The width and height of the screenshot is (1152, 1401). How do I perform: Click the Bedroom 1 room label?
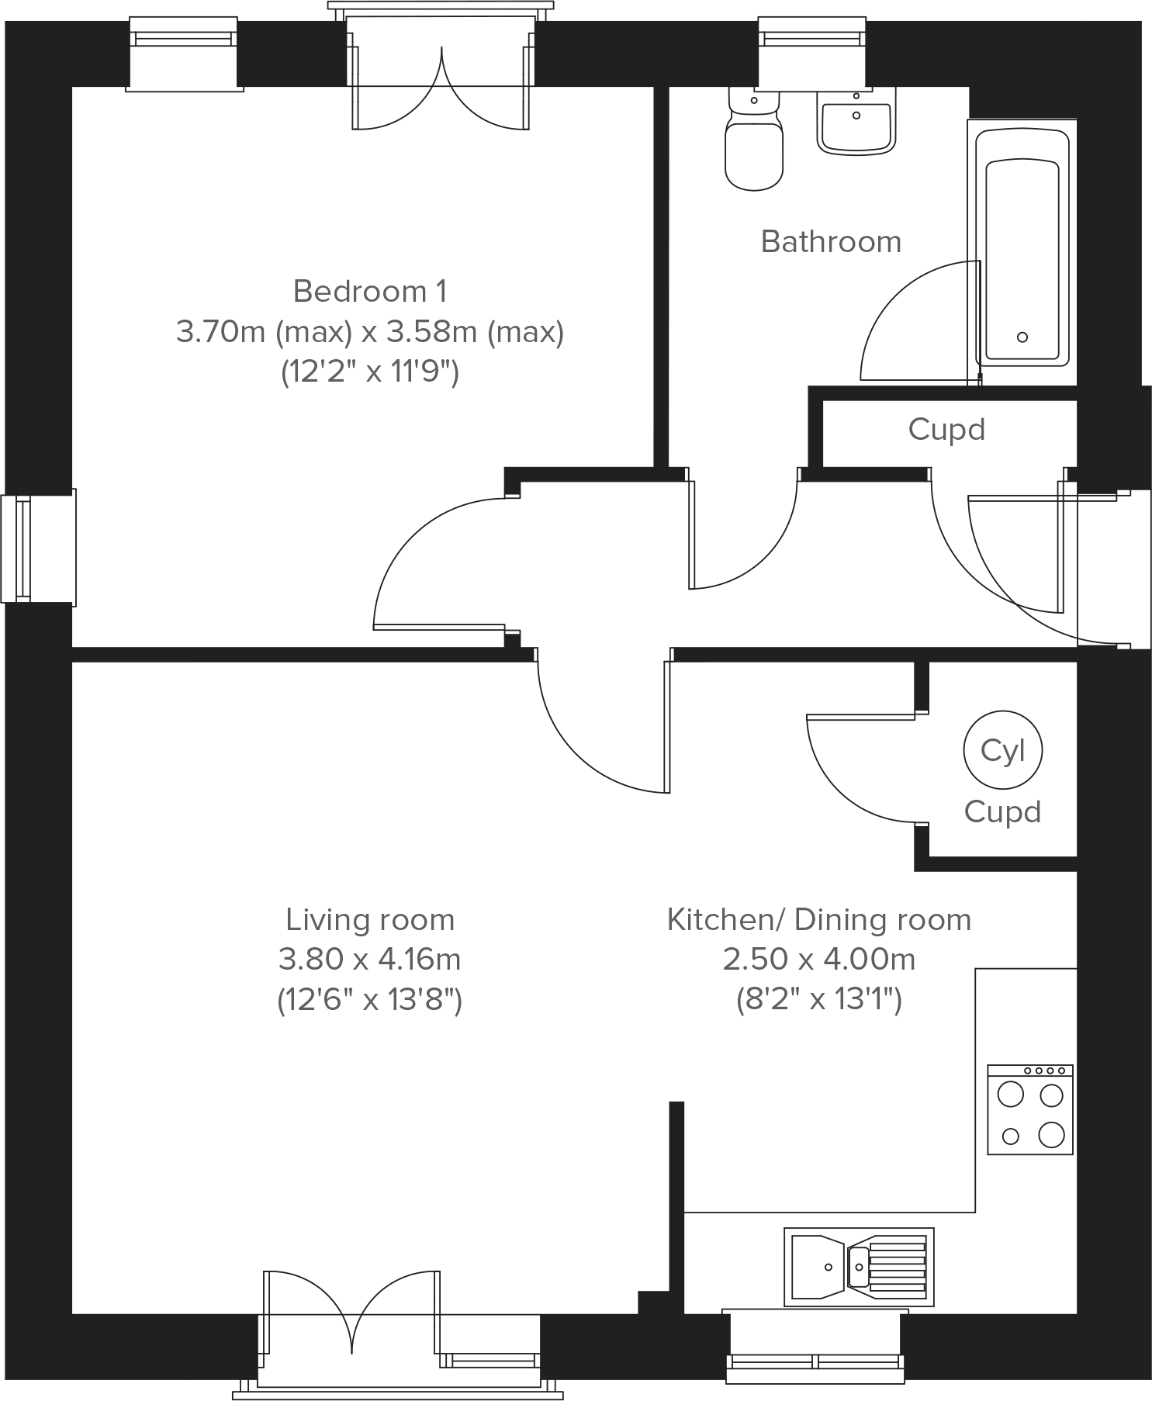tap(370, 291)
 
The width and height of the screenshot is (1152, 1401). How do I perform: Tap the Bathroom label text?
tap(831, 241)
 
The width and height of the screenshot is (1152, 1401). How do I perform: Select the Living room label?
tap(370, 919)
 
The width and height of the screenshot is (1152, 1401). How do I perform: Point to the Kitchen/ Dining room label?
tap(819, 919)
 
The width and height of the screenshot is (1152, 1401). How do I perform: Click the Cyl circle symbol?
tap(1002, 750)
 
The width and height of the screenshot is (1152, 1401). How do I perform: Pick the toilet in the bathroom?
tap(753, 140)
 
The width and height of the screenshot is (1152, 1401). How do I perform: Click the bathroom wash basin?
tap(856, 120)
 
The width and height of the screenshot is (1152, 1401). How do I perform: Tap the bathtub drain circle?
tap(1022, 337)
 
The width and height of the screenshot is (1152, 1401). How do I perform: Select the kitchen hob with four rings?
tap(1030, 1109)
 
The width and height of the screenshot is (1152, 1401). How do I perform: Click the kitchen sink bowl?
tap(816, 1266)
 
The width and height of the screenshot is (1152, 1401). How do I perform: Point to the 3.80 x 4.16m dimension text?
tap(369, 960)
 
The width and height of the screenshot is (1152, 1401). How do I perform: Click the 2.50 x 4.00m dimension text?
tap(819, 960)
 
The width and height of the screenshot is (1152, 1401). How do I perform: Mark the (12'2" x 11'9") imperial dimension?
tap(370, 372)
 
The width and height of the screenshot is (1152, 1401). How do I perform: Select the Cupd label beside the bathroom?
tap(946, 429)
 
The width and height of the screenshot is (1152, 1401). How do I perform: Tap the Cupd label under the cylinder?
tap(1002, 811)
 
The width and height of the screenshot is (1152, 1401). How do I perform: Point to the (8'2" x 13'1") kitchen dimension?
tap(819, 1000)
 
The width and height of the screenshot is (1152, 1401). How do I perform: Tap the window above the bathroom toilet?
tap(811, 53)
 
